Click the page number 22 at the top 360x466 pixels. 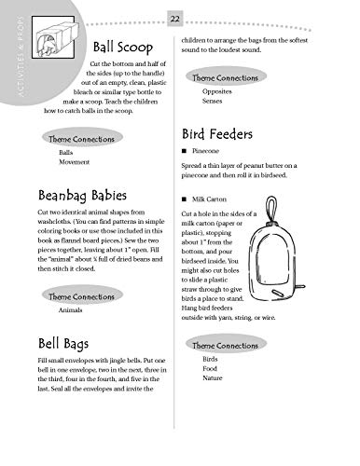coord(174,19)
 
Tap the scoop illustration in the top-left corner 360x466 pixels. coord(54,45)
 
